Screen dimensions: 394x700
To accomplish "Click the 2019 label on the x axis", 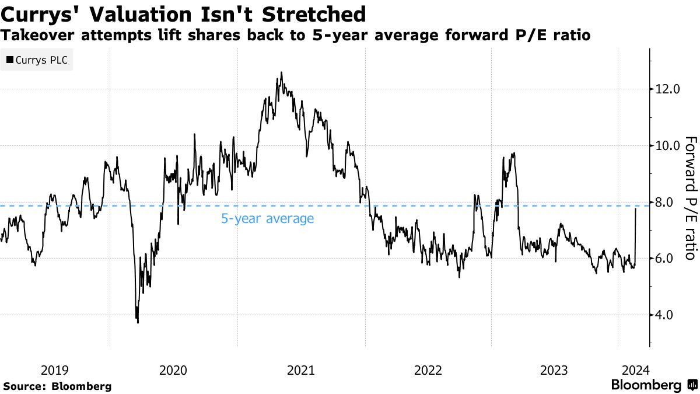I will point(55,370).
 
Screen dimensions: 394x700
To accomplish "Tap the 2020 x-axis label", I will point(173,370).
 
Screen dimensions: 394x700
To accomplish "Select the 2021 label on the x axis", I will point(301,370).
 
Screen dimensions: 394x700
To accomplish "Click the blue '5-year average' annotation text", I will point(267,219).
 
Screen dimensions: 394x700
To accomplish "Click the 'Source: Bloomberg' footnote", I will point(57,386).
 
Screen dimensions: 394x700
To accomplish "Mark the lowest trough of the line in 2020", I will point(138,322).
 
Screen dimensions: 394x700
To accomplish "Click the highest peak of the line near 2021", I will point(281,73).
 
